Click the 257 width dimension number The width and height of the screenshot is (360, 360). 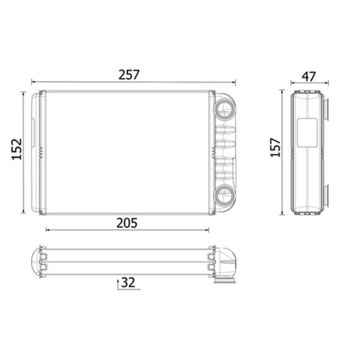[129, 75]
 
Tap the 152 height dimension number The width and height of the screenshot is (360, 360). [17, 149]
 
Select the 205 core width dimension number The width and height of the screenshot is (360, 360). [127, 223]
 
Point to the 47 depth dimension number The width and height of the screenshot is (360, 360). [309, 76]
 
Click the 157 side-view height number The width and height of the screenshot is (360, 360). [275, 148]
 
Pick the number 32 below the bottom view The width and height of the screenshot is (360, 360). [128, 283]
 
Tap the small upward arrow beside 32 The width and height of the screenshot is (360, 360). [118, 284]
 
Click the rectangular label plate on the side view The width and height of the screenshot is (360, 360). [307, 133]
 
